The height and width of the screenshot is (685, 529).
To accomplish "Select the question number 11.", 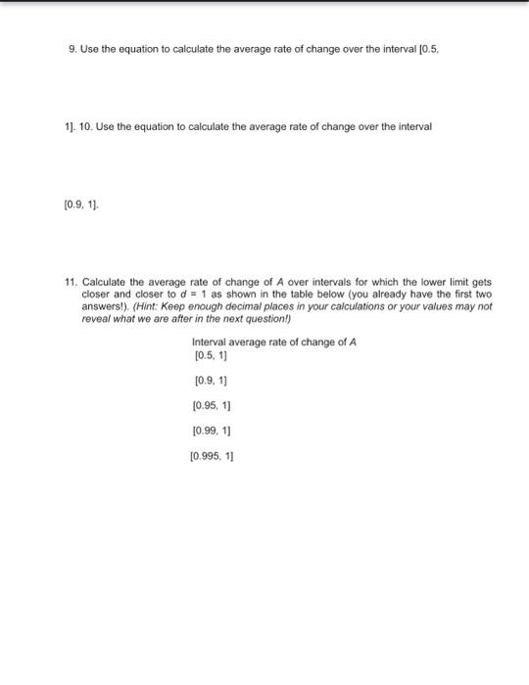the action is pos(70,281).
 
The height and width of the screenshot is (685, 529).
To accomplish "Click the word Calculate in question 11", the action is pos(102,281).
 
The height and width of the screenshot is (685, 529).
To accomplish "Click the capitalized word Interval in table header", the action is pos(208,342).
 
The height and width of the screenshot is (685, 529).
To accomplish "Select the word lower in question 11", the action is pos(423,281).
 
